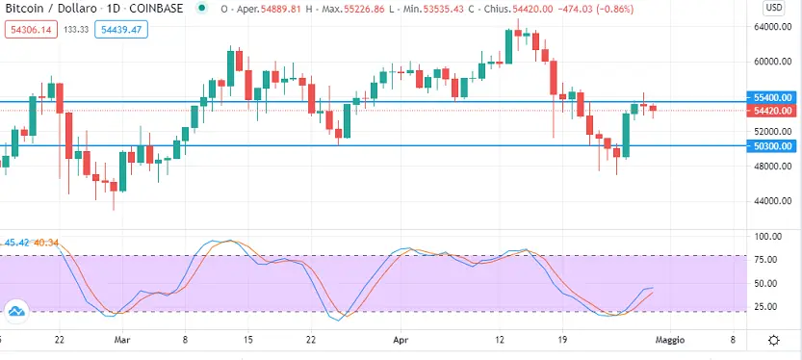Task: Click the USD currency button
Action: point(773,8)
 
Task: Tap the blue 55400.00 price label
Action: point(772,97)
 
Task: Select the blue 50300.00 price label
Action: point(772,146)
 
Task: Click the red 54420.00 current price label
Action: point(772,111)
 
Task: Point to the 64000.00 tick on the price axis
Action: point(772,27)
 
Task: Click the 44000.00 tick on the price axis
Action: point(772,201)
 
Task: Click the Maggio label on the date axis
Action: point(670,340)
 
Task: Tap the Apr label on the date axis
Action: point(401,340)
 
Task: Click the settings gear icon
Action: point(774,340)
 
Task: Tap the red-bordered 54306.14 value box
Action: point(31,30)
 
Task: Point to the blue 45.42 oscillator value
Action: point(17,242)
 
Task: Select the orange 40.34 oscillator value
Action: point(46,242)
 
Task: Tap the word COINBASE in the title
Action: point(158,9)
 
